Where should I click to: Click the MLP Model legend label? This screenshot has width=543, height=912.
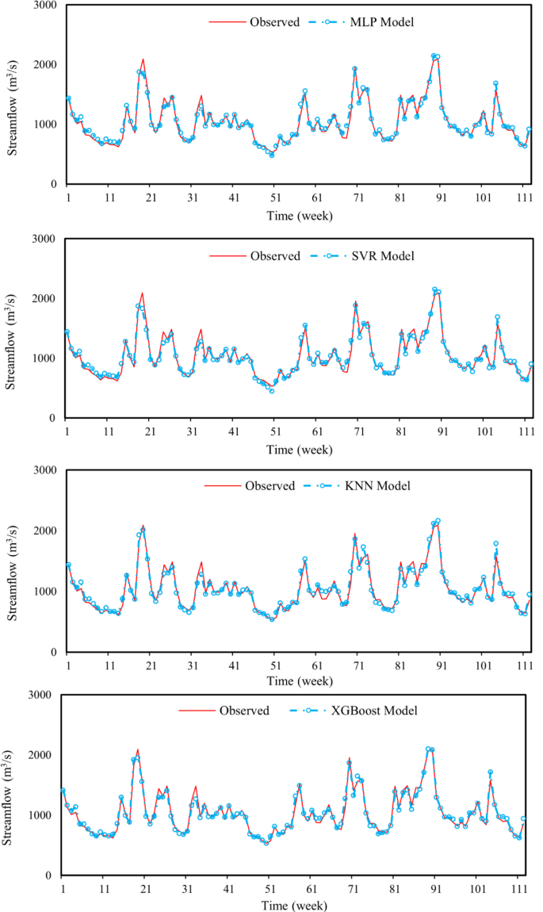click(x=382, y=22)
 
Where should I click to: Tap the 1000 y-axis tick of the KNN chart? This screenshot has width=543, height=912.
click(x=41, y=592)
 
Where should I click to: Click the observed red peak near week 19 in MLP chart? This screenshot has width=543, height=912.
click(x=143, y=59)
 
